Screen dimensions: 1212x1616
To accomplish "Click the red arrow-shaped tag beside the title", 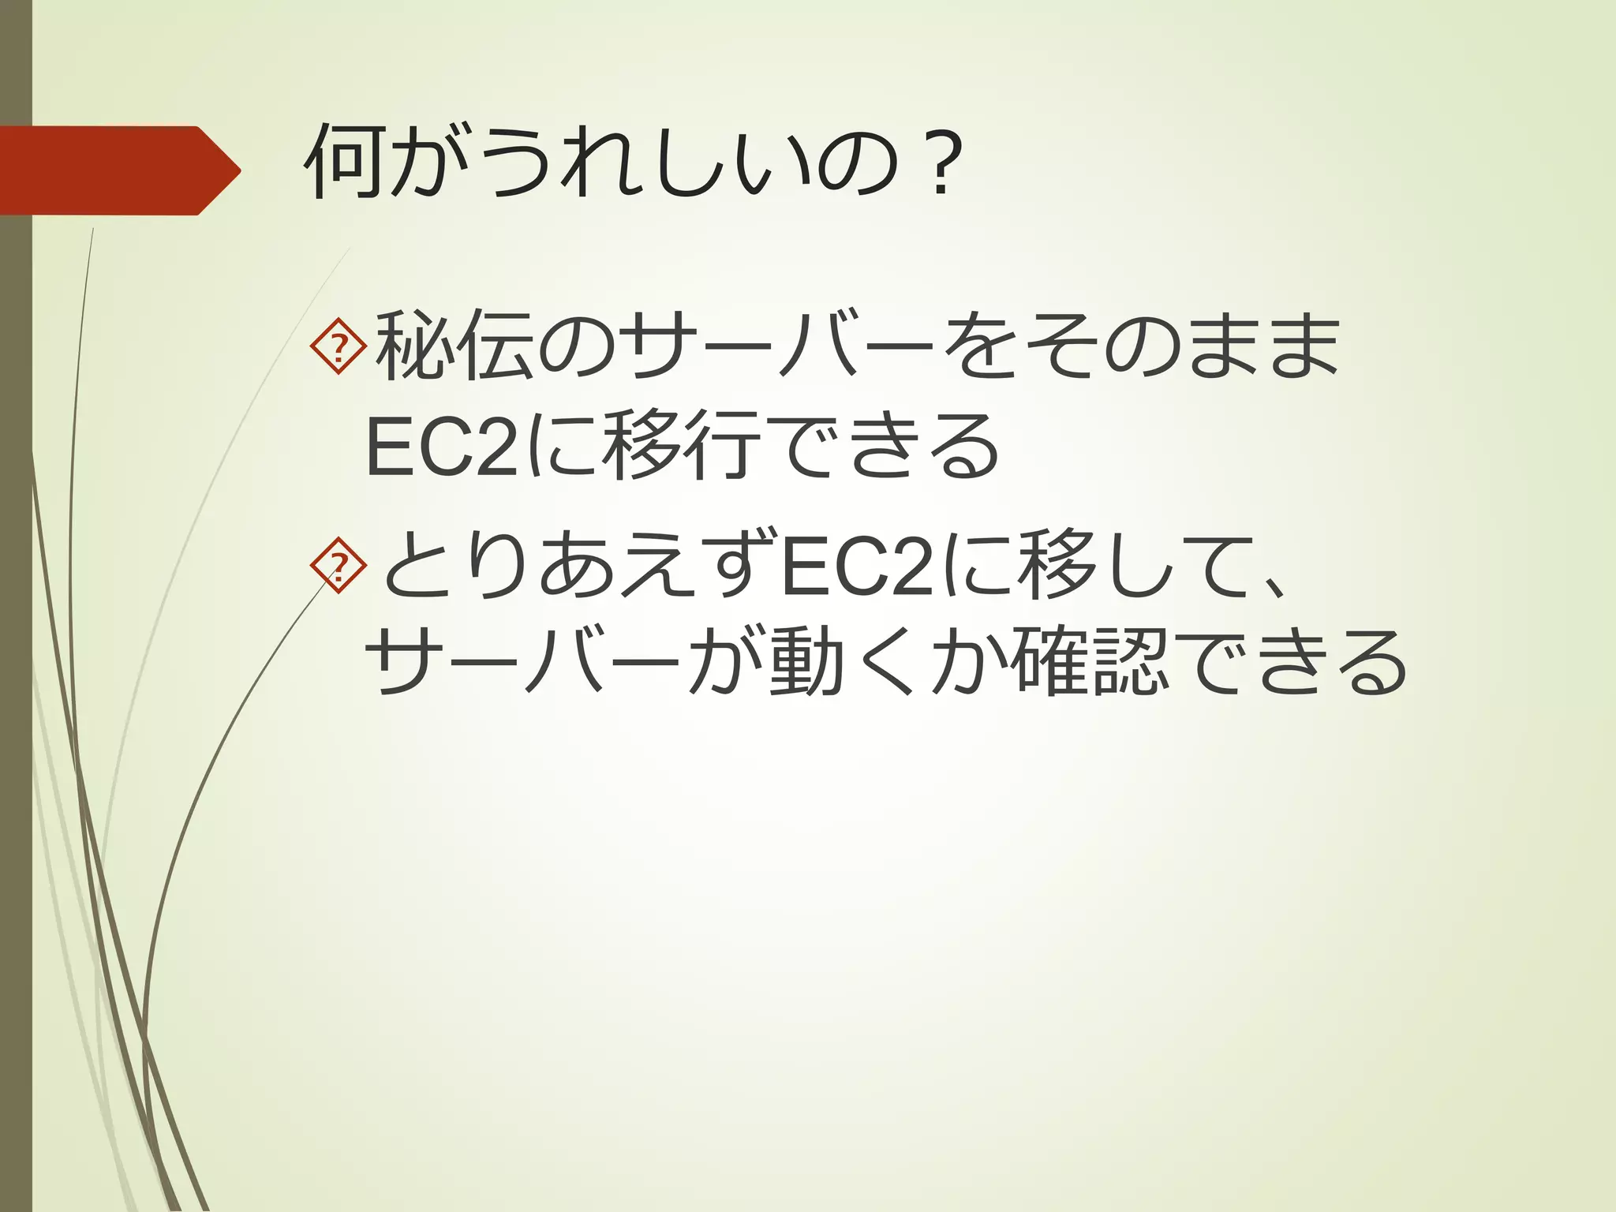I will [118, 170].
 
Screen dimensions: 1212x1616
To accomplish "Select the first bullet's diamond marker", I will [339, 346].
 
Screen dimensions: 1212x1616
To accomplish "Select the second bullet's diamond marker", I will [339, 565].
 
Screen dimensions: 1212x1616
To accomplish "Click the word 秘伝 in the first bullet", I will [454, 347].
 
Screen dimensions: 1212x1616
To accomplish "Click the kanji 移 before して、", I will [1057, 565].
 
